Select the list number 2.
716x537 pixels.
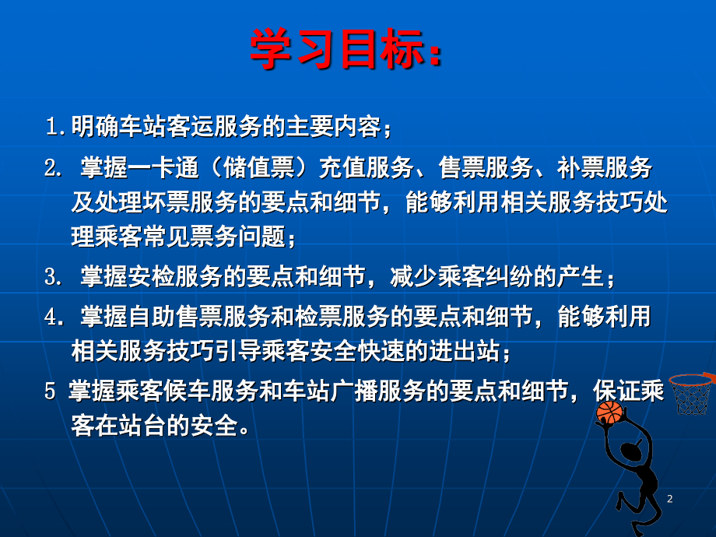54,168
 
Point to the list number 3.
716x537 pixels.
54,277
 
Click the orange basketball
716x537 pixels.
609,412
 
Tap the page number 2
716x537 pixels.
669,499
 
